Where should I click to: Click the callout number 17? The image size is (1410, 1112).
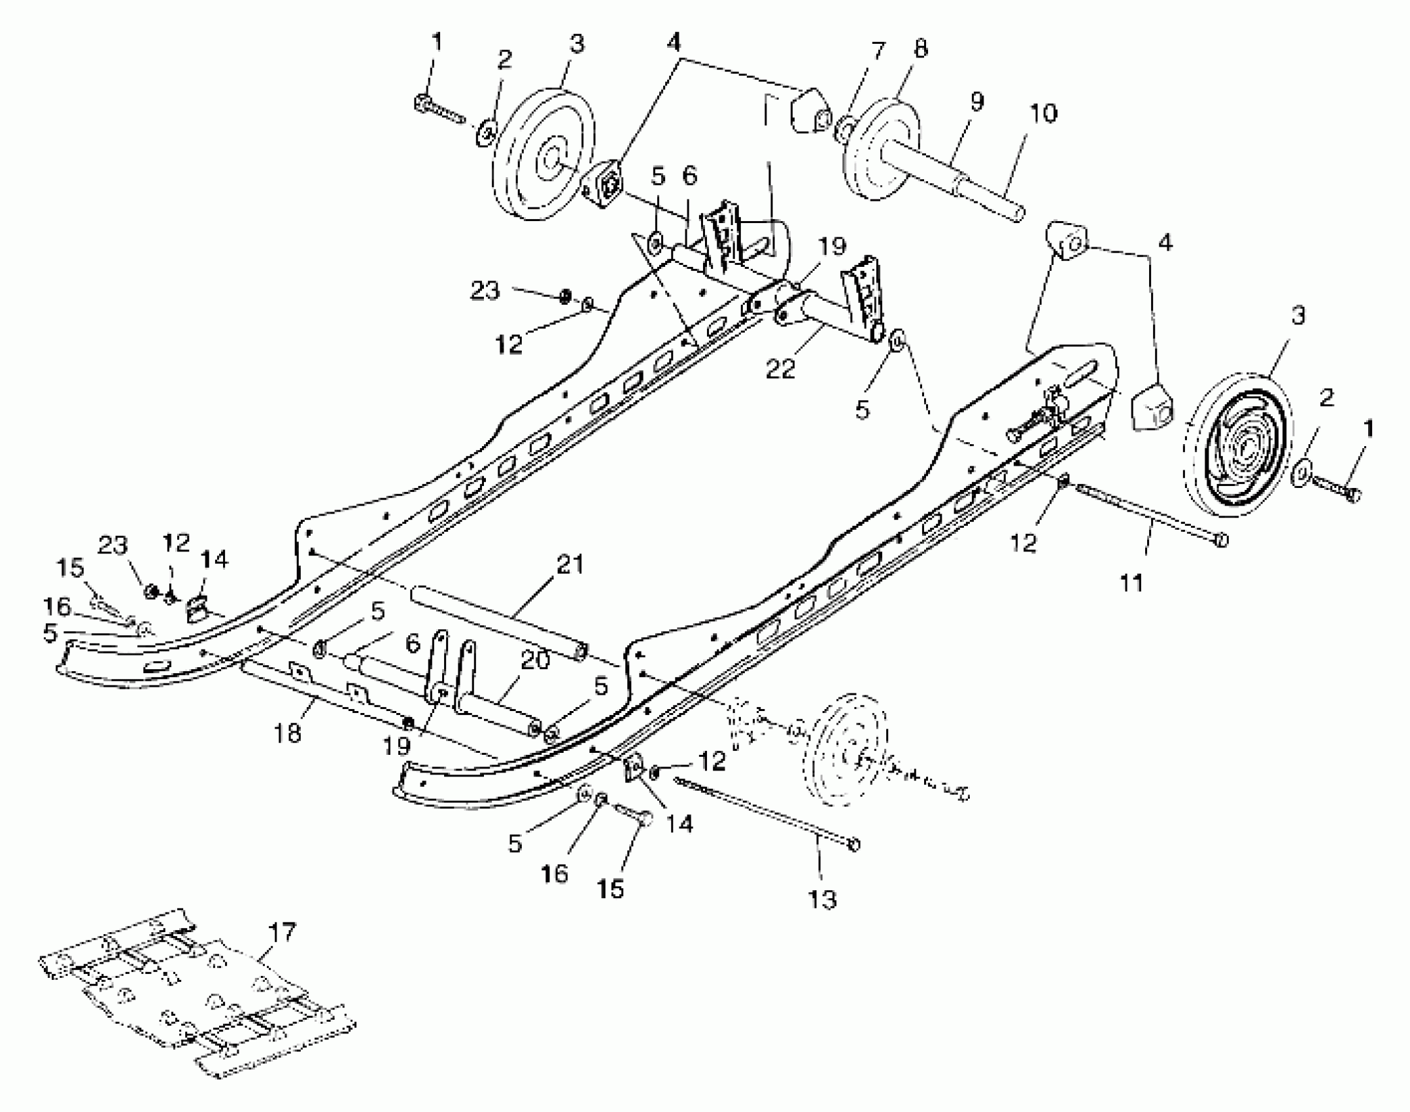coord(282,931)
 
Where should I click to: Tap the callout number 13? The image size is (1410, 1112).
coord(823,900)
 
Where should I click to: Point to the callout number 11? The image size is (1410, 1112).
coord(1131,582)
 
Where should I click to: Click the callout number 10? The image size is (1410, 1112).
coord(1043,113)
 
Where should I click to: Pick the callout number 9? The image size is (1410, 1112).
coord(977,102)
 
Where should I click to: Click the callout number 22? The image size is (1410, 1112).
coord(781,368)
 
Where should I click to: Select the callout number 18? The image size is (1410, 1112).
coord(288,733)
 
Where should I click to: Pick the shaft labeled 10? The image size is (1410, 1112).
coord(988,196)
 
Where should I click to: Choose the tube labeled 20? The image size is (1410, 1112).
coord(497,706)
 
